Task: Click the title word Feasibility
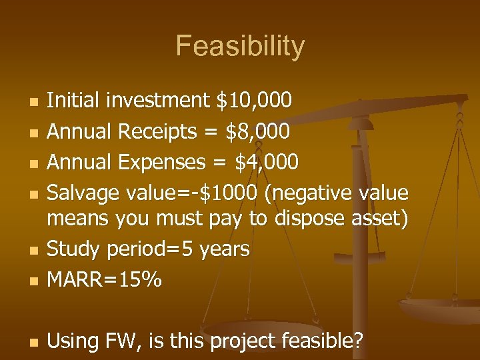point(240,47)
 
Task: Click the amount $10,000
point(254,101)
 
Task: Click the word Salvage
point(83,193)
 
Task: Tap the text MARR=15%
point(104,280)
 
